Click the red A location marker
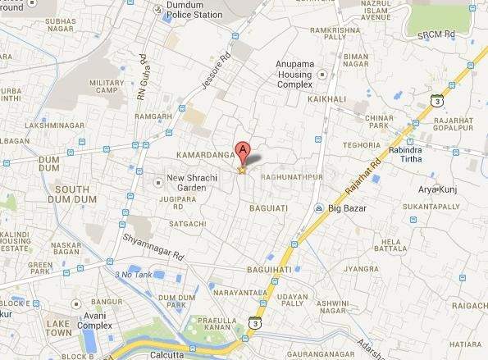(242, 150)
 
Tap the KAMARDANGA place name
(205, 154)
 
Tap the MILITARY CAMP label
(106, 88)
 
